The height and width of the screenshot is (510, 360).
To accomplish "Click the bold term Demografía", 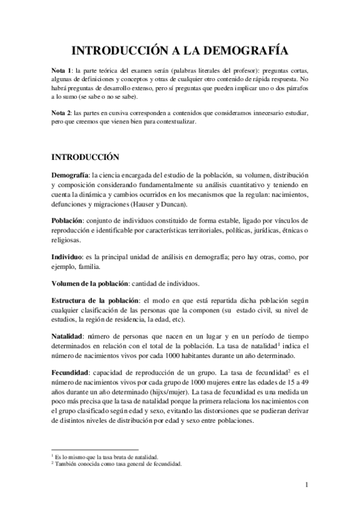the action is coord(71,174).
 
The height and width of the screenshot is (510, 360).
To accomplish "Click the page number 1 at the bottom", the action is coord(306,485).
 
